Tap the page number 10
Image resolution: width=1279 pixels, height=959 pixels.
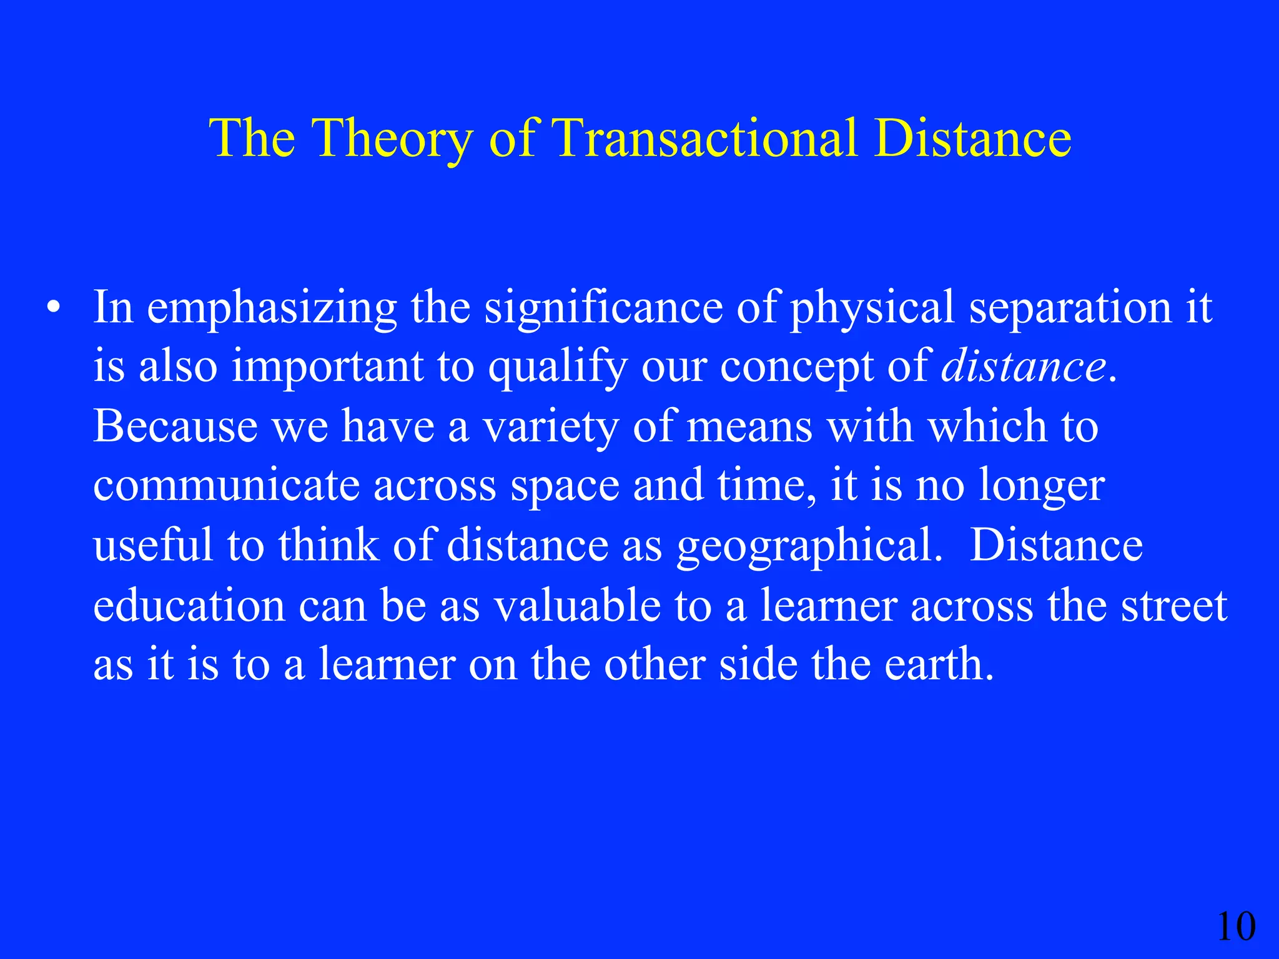1236,927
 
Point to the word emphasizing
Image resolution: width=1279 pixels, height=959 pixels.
272,307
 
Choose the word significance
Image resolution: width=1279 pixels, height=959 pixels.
603,307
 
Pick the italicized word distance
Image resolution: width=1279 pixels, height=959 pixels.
1024,366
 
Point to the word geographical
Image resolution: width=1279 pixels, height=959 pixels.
809,546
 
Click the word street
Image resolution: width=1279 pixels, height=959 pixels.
1173,605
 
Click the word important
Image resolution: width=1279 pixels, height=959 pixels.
327,366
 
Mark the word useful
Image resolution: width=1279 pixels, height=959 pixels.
153,546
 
